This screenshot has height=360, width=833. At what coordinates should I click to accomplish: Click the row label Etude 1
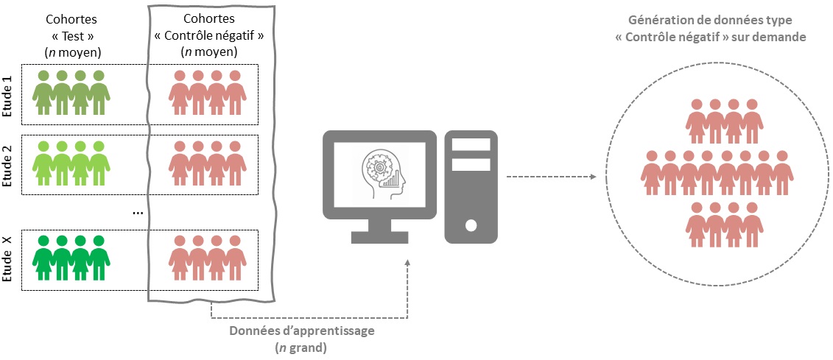click(x=8, y=94)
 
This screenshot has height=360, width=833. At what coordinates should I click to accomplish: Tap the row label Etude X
click(x=8, y=260)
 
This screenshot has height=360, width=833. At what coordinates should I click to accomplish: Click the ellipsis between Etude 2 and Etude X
click(x=137, y=213)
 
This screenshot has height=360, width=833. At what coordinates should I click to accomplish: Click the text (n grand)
click(x=302, y=347)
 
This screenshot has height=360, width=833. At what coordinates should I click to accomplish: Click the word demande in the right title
click(x=781, y=36)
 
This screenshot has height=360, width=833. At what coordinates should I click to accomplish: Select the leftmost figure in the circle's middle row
click(x=651, y=174)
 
